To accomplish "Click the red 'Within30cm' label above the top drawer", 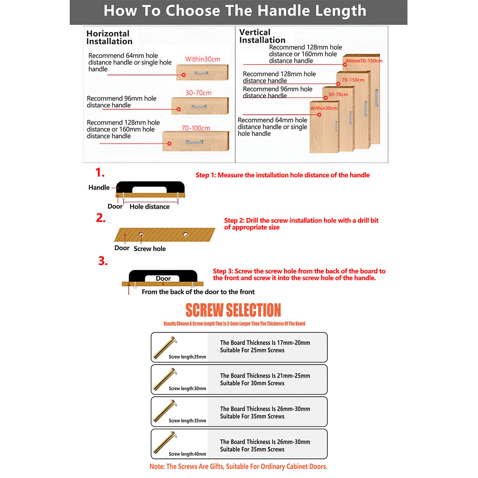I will [202, 59].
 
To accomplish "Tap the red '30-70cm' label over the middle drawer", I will [198, 93].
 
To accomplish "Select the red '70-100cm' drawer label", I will [196, 128].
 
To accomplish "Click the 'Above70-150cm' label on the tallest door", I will [364, 61].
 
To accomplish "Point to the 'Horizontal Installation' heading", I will [109, 37].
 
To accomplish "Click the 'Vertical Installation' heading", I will [262, 36].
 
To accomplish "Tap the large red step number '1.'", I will [100, 173].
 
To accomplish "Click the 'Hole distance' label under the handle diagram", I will [149, 206].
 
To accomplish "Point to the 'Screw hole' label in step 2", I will [149, 249].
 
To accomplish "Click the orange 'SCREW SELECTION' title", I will [233, 310].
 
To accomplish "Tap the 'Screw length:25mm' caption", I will [187, 357].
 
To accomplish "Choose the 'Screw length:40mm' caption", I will [187, 454].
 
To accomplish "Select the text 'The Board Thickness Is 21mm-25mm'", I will [265, 376].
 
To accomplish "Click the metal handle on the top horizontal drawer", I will [201, 73].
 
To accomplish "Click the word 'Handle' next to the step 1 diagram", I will [99, 188].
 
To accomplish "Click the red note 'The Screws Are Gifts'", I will [238, 466].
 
